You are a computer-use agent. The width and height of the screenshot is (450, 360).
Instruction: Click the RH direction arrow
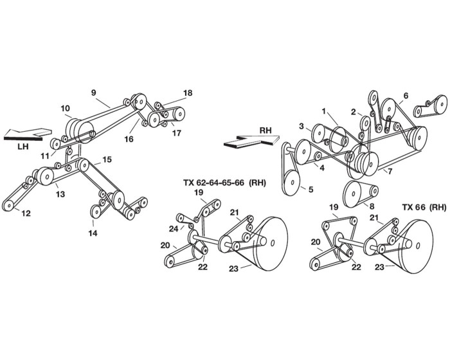click(251, 141)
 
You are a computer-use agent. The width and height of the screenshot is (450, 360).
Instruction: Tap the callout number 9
click(94, 93)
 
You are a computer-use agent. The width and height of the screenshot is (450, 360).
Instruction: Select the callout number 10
click(65, 108)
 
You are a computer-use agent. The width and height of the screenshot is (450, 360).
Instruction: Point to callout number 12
click(26, 213)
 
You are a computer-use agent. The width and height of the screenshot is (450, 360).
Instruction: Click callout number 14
click(93, 233)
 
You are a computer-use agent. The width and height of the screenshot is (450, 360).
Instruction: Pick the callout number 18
click(188, 93)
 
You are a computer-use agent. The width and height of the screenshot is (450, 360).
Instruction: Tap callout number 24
click(174, 229)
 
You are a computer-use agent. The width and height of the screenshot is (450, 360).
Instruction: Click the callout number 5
click(310, 190)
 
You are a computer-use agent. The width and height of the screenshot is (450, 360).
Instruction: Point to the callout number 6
click(406, 96)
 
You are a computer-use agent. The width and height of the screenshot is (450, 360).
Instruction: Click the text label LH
click(23, 147)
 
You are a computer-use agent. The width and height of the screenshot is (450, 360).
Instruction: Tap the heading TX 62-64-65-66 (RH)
click(224, 183)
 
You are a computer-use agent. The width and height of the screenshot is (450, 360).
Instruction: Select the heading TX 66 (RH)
click(424, 207)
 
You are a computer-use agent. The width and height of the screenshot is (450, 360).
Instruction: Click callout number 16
click(129, 139)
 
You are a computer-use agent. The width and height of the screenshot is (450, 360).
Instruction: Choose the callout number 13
click(60, 194)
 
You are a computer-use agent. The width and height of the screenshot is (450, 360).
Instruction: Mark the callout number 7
click(390, 172)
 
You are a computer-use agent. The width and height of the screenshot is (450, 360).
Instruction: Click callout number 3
click(301, 126)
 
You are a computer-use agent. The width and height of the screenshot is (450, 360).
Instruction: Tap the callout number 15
click(107, 159)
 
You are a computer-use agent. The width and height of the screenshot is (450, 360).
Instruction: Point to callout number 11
click(45, 156)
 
